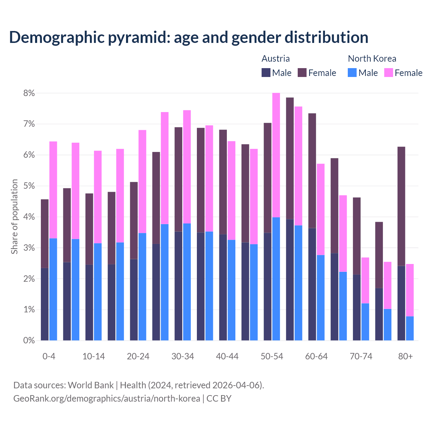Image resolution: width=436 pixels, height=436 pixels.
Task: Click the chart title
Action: pyautogui.click(x=188, y=37)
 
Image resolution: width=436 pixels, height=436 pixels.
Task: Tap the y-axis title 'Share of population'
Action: pyautogui.click(x=14, y=217)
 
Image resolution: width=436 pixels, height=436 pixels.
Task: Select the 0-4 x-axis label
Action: pyautogui.click(x=49, y=356)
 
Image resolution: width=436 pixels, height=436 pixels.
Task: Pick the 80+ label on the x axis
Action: pyautogui.click(x=405, y=356)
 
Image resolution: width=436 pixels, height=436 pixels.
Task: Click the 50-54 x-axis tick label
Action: pyautogui.click(x=272, y=356)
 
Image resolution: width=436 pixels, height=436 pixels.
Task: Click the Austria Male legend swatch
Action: pyautogui.click(x=266, y=73)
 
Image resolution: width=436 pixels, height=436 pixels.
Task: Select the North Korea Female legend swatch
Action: pyautogui.click(x=388, y=73)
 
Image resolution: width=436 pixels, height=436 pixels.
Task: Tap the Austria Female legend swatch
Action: pyautogui.click(x=302, y=73)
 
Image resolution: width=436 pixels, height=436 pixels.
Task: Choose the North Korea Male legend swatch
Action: pyautogui.click(x=352, y=73)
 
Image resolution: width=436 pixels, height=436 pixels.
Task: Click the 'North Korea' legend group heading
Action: pyautogui.click(x=372, y=59)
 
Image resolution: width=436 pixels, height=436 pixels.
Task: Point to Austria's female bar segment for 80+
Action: pyautogui.click(x=401, y=206)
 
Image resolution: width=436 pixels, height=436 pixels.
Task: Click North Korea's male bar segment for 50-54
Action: pyautogui.click(x=276, y=279)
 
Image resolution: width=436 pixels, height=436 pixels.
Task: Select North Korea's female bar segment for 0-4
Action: pyautogui.click(x=53, y=190)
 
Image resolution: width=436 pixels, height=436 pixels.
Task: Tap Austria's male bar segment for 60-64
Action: pyautogui.click(x=312, y=284)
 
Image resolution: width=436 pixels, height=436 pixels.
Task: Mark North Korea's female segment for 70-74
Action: pyautogui.click(x=365, y=280)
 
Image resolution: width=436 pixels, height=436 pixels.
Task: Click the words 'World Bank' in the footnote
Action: pyautogui.click(x=91, y=385)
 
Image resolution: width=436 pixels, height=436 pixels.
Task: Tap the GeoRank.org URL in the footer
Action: pyautogui.click(x=107, y=399)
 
